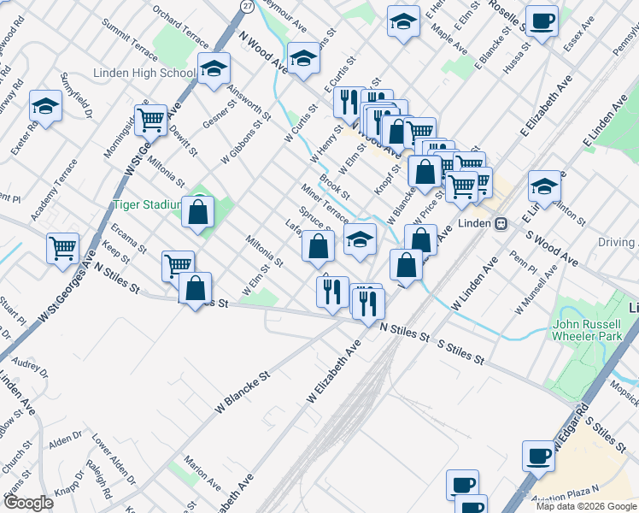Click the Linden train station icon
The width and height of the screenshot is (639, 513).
coord(502,223)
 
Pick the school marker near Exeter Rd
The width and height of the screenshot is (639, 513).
coord(45,106)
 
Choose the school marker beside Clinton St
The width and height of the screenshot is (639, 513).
coord(544,185)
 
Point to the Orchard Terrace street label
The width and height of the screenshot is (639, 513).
coord(180,27)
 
